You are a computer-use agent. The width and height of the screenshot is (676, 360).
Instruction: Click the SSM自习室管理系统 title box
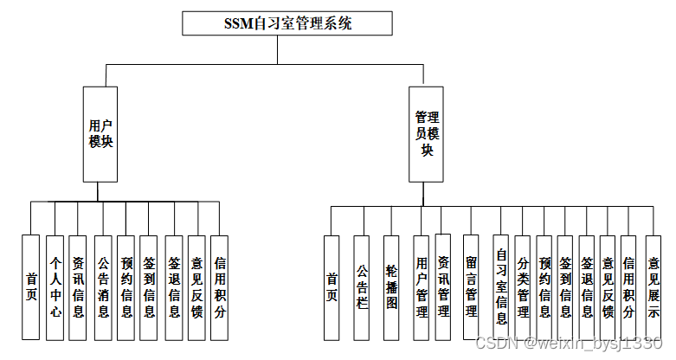(277, 23)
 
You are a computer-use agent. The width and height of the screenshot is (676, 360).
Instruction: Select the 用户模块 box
(100, 133)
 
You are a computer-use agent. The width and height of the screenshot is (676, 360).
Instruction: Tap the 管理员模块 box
(426, 133)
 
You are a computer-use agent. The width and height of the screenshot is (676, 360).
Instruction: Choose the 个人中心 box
(55, 286)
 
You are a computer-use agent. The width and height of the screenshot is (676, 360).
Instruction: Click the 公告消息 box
(102, 286)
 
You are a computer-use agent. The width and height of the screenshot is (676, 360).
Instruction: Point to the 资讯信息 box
(78, 286)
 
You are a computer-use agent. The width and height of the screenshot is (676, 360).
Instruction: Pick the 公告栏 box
(362, 286)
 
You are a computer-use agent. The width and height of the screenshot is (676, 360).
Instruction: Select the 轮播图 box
(391, 286)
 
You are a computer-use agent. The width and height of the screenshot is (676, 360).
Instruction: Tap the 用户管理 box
(422, 286)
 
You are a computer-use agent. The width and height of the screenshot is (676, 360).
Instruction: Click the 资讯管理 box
(443, 286)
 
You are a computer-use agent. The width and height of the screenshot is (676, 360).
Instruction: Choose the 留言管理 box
(471, 286)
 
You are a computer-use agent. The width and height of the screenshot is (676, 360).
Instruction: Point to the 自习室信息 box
(501, 286)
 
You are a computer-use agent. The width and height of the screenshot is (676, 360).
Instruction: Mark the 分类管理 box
(522, 286)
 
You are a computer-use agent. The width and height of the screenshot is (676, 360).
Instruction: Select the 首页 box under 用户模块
(31, 286)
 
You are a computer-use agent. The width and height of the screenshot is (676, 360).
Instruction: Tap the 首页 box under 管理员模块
(332, 286)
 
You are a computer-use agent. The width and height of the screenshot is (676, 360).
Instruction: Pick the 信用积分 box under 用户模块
(219, 286)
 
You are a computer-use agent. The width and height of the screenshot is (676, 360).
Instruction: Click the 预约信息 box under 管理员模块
(544, 286)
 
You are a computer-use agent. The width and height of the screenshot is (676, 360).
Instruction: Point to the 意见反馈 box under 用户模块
(196, 286)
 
